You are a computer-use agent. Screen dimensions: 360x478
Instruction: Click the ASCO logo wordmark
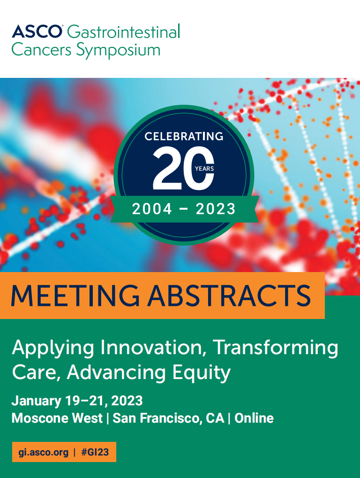pos(37,31)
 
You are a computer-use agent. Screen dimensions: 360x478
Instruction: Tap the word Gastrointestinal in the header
pos(123,31)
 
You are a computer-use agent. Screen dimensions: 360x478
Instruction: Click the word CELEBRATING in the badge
pos(184,136)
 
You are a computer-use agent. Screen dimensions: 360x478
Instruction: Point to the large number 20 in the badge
pos(183,168)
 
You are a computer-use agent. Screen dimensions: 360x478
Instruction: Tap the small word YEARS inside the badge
pos(204,168)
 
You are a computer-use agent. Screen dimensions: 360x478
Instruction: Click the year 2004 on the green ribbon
pos(152,209)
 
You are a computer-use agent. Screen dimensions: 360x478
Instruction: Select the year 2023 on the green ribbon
pos(216,209)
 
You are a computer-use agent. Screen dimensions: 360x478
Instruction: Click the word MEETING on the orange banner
pos(75,295)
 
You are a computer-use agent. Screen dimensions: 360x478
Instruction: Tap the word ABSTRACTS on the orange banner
pos(229,295)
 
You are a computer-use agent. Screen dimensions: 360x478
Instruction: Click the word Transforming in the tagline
pos(275,348)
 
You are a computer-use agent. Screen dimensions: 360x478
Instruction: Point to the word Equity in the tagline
pos(201,373)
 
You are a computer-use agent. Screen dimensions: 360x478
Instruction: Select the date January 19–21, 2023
pos(77,401)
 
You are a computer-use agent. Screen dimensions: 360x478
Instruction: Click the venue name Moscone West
pos(57,418)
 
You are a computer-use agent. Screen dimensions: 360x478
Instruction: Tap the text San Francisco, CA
pos(169,418)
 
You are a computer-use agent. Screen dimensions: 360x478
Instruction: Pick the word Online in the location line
pos(254,418)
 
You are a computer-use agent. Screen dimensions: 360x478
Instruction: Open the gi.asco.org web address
pos(43,452)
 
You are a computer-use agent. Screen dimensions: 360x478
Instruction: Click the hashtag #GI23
pos(95,452)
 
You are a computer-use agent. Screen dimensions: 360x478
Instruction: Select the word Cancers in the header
pos(41,50)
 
